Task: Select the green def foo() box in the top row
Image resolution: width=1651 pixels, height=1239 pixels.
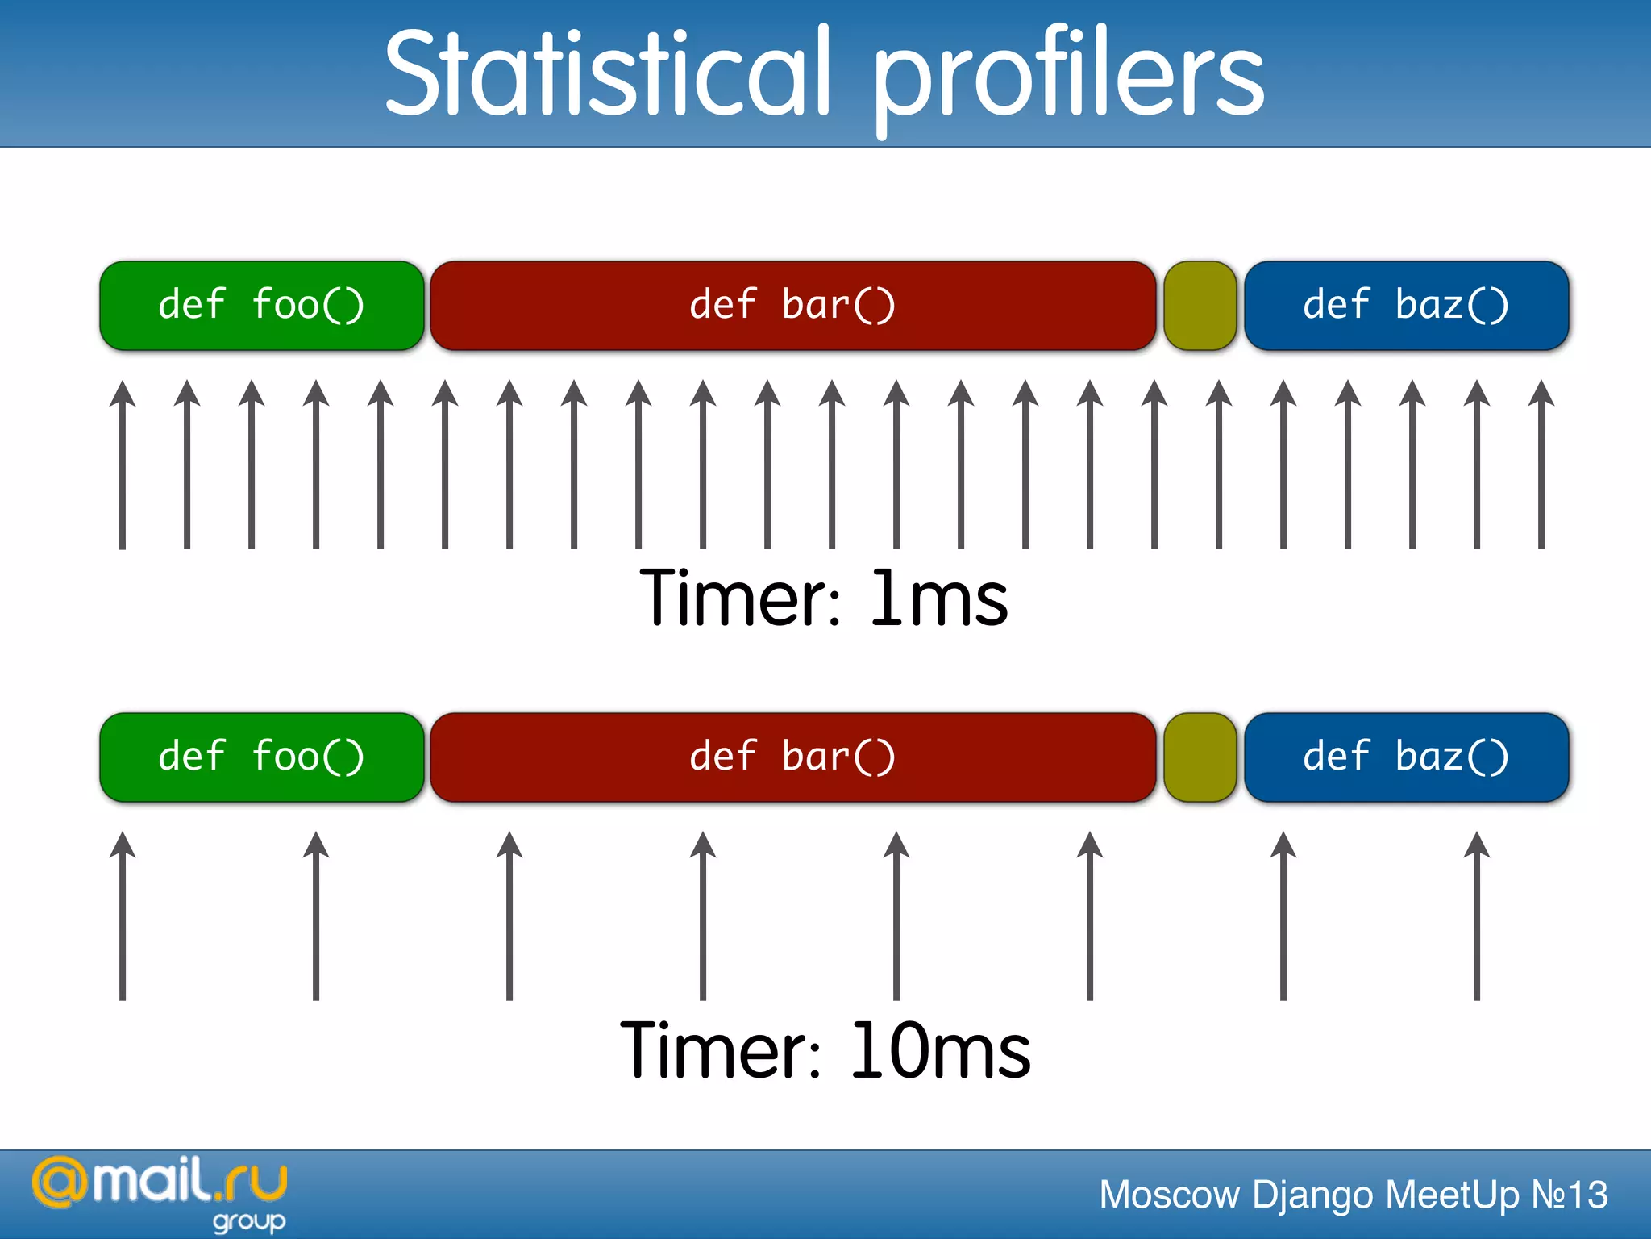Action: (x=261, y=306)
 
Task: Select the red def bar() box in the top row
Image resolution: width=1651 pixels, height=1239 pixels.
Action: (x=793, y=306)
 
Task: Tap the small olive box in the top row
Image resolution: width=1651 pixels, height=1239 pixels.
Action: (x=1200, y=306)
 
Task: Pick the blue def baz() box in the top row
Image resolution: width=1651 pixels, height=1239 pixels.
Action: (x=1406, y=306)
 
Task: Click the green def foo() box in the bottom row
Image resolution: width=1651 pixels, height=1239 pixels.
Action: (x=261, y=757)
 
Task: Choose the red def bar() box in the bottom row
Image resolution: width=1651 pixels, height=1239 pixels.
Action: (x=793, y=757)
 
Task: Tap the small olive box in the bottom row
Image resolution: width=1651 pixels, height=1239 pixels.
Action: (x=1200, y=757)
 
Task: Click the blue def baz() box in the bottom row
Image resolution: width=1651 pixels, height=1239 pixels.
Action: (x=1406, y=757)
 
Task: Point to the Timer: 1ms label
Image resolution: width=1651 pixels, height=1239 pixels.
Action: (x=824, y=599)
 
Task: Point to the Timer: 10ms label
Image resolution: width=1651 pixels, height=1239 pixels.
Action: (x=824, y=1050)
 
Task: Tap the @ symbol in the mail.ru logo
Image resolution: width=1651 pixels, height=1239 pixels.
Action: (x=60, y=1183)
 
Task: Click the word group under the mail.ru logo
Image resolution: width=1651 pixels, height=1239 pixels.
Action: (x=249, y=1222)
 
